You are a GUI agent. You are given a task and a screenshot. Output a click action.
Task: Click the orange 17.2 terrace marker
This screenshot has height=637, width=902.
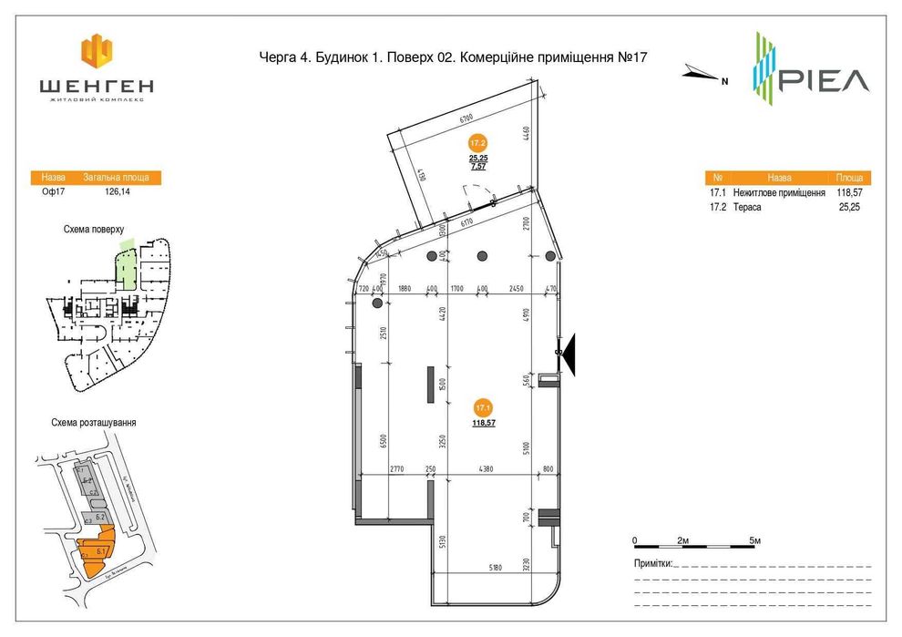(478, 143)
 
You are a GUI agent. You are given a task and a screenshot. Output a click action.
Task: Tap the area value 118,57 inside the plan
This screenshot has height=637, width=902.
(484, 424)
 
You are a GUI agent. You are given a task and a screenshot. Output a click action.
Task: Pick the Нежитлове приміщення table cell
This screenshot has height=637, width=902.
(779, 193)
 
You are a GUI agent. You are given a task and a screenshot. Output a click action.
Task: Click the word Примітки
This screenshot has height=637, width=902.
(653, 563)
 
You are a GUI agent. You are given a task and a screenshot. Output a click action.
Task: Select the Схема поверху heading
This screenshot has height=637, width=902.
(94, 231)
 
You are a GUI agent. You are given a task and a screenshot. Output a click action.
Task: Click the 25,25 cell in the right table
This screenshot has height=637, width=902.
(848, 207)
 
